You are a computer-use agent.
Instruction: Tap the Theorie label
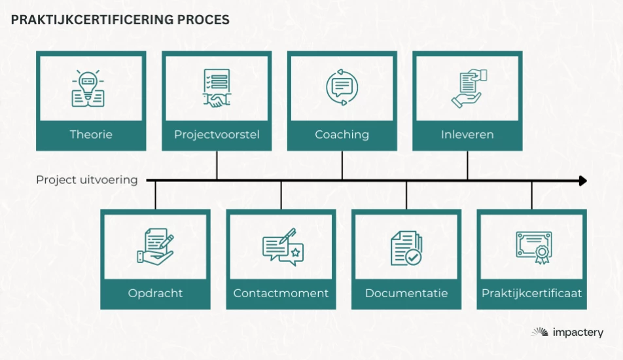(91, 134)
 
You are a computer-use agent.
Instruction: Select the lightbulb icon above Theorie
(88, 88)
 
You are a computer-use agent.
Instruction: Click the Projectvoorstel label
(217, 134)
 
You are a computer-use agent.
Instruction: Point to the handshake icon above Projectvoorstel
(217, 88)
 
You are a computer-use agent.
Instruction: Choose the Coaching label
(342, 134)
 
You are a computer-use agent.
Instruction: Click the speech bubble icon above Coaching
(342, 88)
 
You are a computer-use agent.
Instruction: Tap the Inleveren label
(467, 134)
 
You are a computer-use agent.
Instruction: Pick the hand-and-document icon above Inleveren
(469, 88)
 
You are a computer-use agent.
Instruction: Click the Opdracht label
(155, 293)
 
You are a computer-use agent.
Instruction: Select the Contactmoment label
(281, 293)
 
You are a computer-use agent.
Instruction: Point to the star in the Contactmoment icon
(295, 253)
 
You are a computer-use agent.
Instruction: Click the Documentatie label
(406, 293)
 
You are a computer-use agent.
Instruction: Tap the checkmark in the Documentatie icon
(413, 257)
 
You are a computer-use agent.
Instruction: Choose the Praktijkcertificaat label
(531, 293)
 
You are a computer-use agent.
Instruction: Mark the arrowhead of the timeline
(583, 181)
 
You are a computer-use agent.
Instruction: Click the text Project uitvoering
(87, 180)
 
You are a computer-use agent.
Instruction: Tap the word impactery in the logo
(578, 333)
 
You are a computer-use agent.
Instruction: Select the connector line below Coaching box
(342, 166)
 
